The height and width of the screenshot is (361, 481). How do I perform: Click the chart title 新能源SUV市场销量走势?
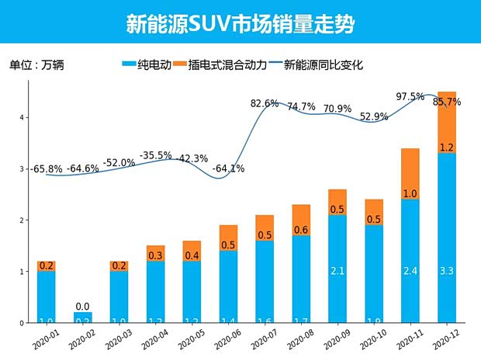[x=240, y=23]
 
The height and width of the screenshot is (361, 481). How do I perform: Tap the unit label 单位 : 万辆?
[x=36, y=65]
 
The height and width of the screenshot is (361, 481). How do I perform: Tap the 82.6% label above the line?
[x=265, y=103]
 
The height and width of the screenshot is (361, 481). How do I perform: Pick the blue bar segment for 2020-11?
[x=410, y=261]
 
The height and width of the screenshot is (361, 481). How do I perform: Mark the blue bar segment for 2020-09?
[x=338, y=269]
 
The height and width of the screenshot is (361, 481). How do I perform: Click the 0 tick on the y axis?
[x=24, y=323]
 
